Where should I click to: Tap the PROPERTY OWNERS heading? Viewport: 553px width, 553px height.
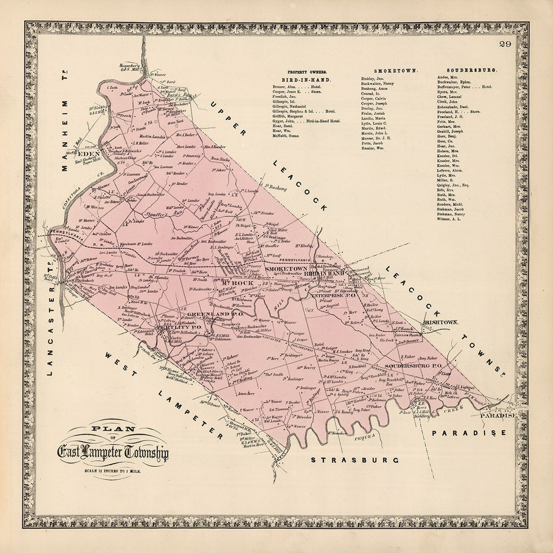[x=307, y=72]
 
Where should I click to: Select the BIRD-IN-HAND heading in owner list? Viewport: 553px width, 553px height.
[x=306, y=80]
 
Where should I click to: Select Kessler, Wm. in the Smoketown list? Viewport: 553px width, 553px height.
[x=373, y=148]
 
